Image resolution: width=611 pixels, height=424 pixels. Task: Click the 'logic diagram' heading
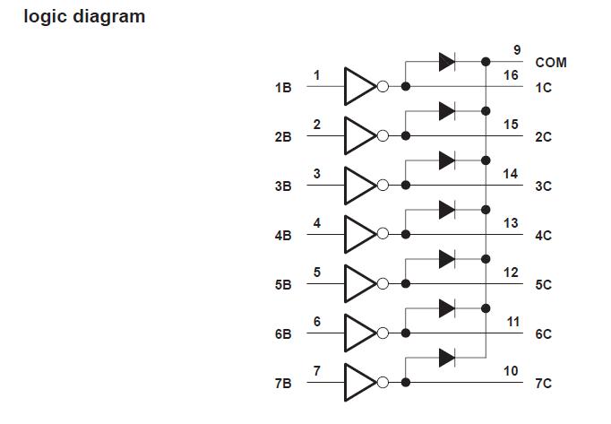pyautogui.click(x=84, y=16)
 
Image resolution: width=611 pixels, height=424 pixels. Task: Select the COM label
pyautogui.click(x=550, y=63)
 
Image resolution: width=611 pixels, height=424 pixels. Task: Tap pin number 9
pyautogui.click(x=517, y=50)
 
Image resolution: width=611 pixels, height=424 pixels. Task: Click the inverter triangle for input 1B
pyautogui.click(x=359, y=87)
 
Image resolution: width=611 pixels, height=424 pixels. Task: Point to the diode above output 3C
pyautogui.click(x=447, y=160)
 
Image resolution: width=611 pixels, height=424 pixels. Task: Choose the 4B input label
pyautogui.click(x=283, y=236)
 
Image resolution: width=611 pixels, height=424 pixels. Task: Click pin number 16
pyautogui.click(x=511, y=75)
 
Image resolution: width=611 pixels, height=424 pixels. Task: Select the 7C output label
pyautogui.click(x=543, y=384)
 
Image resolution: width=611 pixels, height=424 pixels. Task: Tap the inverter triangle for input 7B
pyautogui.click(x=359, y=383)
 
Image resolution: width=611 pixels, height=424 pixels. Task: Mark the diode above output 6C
pyautogui.click(x=447, y=308)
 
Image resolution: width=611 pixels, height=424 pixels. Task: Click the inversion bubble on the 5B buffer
pyautogui.click(x=383, y=284)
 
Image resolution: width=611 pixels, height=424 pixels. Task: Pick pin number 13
pyautogui.click(x=511, y=223)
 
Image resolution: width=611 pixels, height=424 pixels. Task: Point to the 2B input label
pyautogui.click(x=283, y=137)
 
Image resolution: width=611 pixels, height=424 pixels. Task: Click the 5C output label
pyautogui.click(x=543, y=285)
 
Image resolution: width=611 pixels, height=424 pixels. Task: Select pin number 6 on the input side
pyautogui.click(x=317, y=322)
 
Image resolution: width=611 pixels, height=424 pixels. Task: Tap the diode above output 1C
pyautogui.click(x=447, y=62)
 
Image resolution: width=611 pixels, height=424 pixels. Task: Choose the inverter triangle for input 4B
pyautogui.click(x=359, y=235)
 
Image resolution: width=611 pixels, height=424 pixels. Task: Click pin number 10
pyautogui.click(x=511, y=371)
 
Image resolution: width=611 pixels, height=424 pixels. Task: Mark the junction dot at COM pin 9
pyautogui.click(x=486, y=62)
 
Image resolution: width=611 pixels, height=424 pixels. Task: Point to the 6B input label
pyautogui.click(x=283, y=334)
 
